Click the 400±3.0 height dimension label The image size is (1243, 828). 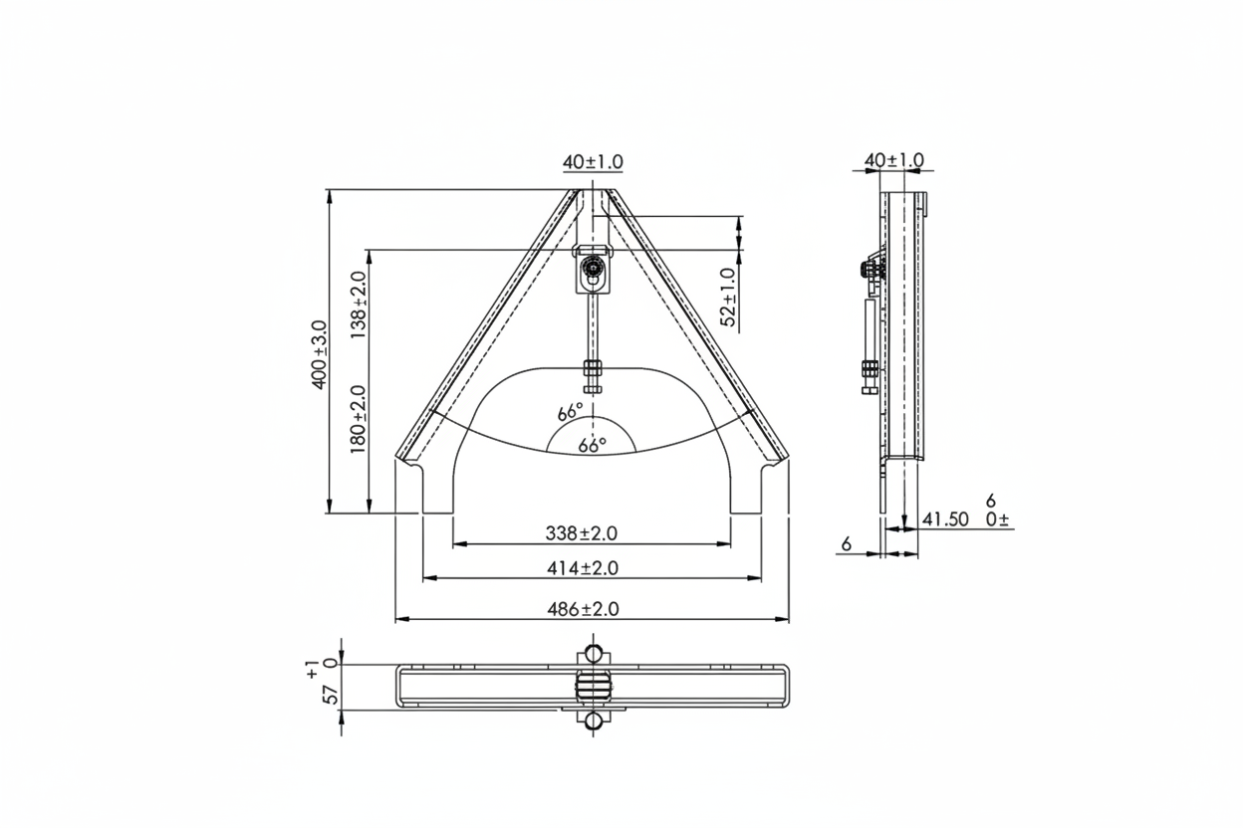(319, 355)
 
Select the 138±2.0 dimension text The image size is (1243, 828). (358, 306)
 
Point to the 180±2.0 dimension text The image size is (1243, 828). (358, 419)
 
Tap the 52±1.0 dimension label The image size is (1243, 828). (728, 298)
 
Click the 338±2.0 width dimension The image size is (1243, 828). (581, 533)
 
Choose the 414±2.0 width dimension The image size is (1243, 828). (582, 568)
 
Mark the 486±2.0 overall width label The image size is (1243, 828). (583, 609)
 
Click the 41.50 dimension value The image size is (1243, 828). (945, 519)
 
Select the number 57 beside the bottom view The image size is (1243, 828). (331, 695)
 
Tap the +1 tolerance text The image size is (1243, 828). (313, 669)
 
